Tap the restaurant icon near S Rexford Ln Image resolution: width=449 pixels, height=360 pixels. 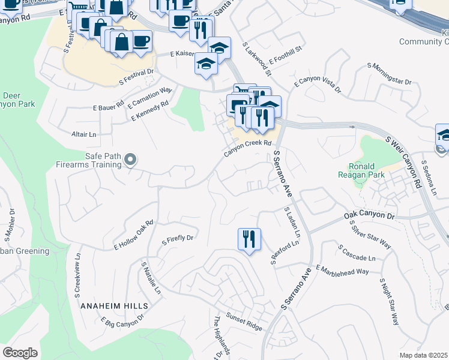(248, 239)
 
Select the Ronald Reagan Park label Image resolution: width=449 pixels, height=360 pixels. (362, 171)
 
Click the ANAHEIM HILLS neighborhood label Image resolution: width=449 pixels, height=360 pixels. (110, 305)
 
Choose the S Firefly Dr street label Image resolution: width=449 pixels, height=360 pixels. (178, 240)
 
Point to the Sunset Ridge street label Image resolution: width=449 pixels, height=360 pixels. (244, 321)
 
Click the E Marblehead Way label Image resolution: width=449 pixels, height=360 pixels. (342, 271)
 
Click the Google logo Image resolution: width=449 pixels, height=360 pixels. (20, 353)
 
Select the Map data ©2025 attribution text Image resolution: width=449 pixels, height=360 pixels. (424, 355)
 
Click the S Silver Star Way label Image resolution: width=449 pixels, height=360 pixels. (370, 234)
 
